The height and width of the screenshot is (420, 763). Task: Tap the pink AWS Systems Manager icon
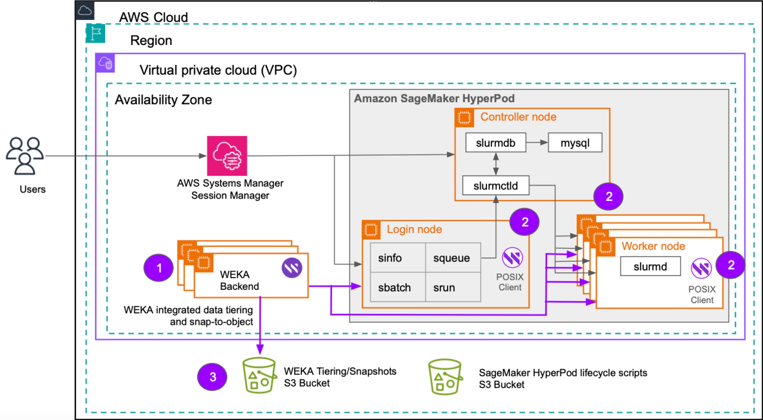(227, 156)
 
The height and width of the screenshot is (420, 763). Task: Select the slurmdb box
(495, 143)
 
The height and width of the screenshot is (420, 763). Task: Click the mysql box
(575, 143)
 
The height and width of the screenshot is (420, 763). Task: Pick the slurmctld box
(495, 186)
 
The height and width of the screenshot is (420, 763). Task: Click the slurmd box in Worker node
(650, 266)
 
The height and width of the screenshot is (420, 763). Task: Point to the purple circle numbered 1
(159, 268)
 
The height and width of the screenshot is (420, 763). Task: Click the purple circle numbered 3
(212, 377)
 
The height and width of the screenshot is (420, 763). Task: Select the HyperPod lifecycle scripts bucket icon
(445, 377)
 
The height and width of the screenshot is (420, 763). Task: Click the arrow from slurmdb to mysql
(537, 143)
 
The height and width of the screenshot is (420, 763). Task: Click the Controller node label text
(518, 117)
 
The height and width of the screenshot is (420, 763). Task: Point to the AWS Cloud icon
(85, 11)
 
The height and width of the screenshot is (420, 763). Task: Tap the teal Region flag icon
(96, 33)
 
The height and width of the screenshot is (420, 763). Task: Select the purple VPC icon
(105, 63)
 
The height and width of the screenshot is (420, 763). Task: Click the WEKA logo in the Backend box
(292, 268)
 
